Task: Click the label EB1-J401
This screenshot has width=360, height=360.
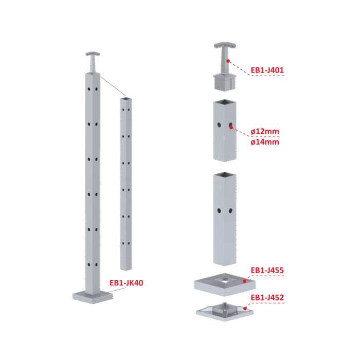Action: tap(267, 70)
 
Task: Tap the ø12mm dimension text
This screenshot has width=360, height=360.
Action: tap(265, 132)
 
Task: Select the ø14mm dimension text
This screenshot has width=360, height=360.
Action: tap(265, 142)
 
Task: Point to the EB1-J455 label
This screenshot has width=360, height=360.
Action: tap(267, 270)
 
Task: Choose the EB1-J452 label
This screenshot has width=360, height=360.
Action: tap(267, 298)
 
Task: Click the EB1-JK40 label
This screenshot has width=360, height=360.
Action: tap(127, 283)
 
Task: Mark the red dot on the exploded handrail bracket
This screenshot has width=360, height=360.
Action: tap(228, 61)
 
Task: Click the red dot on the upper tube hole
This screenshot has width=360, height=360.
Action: tap(231, 127)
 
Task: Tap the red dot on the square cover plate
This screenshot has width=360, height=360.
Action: tap(244, 281)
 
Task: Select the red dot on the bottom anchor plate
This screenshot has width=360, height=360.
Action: tap(245, 309)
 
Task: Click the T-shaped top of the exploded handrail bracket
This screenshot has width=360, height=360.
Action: tap(225, 45)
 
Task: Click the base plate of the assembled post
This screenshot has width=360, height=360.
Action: tap(93, 297)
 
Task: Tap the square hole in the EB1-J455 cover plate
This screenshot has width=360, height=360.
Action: tap(224, 280)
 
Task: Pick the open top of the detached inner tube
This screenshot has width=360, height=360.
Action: tap(126, 99)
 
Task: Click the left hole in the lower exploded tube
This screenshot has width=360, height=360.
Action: tap(219, 210)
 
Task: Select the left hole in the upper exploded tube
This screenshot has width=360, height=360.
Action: tap(219, 125)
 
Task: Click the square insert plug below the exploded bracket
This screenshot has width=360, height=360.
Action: tap(224, 82)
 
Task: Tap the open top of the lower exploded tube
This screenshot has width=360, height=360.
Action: tap(225, 175)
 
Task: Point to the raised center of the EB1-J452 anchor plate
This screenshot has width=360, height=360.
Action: tap(225, 309)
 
